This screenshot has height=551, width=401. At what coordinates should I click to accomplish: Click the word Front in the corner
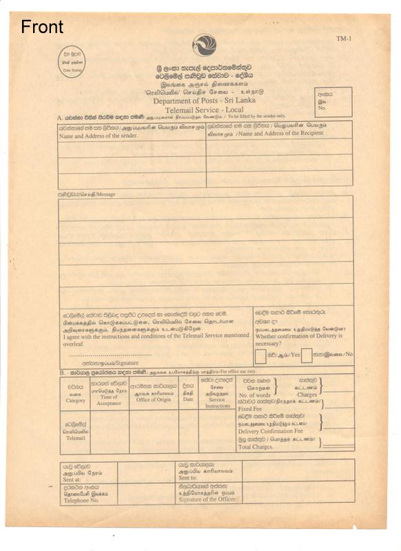(42, 27)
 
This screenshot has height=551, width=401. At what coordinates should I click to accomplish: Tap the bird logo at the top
(204, 45)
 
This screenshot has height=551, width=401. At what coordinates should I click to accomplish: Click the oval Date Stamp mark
(72, 63)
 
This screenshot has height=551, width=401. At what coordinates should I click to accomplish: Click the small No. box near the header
(333, 101)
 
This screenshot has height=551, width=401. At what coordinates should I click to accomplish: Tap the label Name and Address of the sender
(94, 136)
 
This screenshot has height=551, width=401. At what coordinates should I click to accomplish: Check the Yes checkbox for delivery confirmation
(260, 355)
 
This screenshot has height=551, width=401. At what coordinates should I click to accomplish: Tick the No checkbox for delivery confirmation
(306, 355)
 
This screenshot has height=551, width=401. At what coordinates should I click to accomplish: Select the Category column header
(75, 400)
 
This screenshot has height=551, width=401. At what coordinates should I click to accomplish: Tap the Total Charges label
(255, 447)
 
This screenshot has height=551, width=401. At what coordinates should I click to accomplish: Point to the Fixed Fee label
(251, 408)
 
